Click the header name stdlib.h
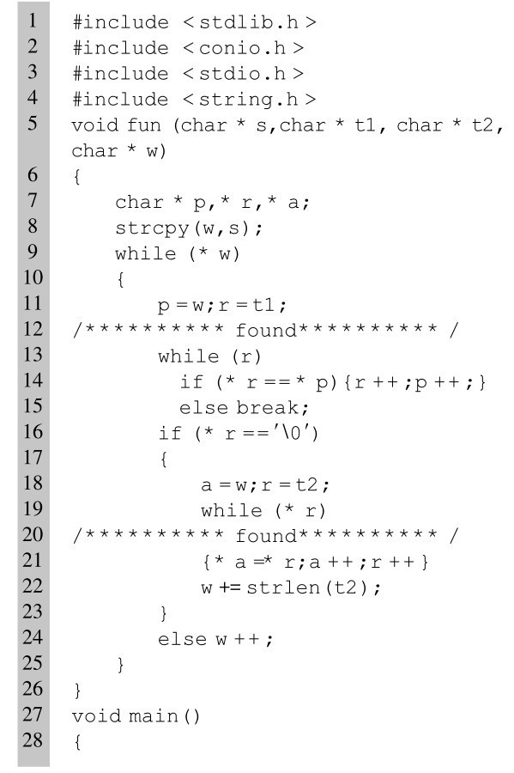pos(249,22)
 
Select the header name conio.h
pos(242,48)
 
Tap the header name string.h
pos(249,100)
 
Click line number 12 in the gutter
pos(33,329)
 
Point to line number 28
pos(33,740)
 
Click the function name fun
pos(144,125)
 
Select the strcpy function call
pos(152,228)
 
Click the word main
pos(153,715)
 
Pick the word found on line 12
pos(266,330)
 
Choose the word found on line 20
pos(266,535)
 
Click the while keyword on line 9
pos(145,253)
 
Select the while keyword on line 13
pos(188,356)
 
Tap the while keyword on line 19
pos(232,510)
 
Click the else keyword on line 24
pos(182,639)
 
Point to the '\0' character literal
pos(293,434)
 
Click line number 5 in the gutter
pos(33,123)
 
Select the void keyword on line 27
pos(95,715)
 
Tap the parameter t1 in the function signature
pos(365,125)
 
